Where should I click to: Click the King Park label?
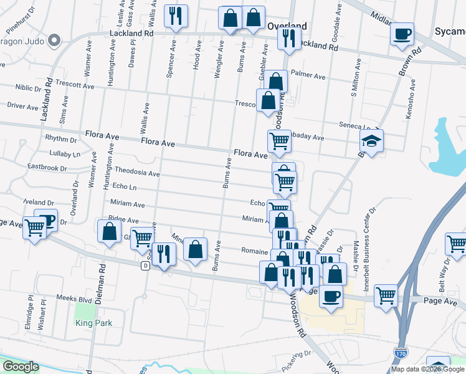[92, 323]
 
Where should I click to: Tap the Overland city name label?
[287, 26]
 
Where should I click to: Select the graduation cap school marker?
[371, 141]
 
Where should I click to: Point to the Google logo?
[20, 367]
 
